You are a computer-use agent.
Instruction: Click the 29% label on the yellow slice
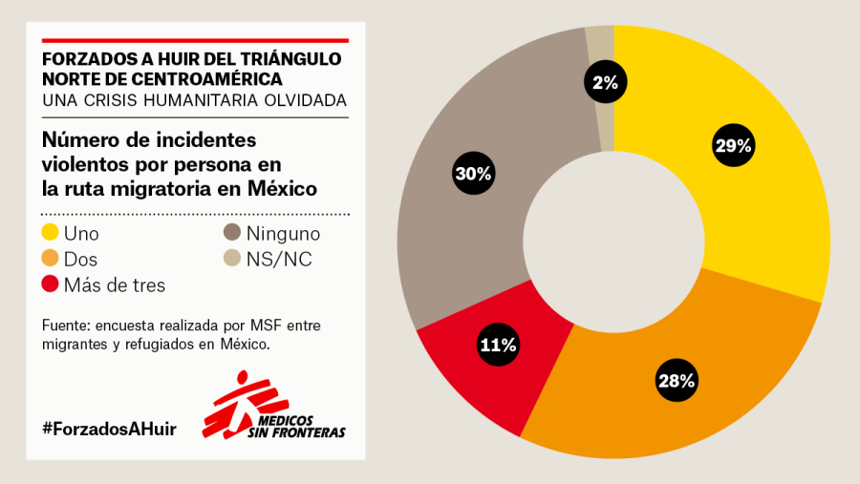[x=734, y=146]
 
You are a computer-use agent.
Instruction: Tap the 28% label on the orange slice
[x=677, y=381]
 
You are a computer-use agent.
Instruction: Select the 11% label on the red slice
[x=498, y=346]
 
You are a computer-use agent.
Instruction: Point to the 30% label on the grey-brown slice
[x=473, y=174]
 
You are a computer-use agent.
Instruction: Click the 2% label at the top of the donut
[x=605, y=83]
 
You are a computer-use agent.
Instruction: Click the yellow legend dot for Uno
[x=51, y=233]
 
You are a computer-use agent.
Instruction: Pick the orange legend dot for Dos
[x=51, y=259]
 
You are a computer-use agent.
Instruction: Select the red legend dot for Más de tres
[x=51, y=284]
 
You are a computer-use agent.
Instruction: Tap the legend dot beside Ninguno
[x=232, y=233]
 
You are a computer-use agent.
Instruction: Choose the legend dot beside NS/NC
[x=232, y=259]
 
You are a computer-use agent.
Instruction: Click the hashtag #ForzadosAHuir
[x=109, y=429]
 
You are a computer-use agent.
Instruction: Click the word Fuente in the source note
[x=65, y=326]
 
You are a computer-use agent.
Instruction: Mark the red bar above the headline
[x=195, y=40]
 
